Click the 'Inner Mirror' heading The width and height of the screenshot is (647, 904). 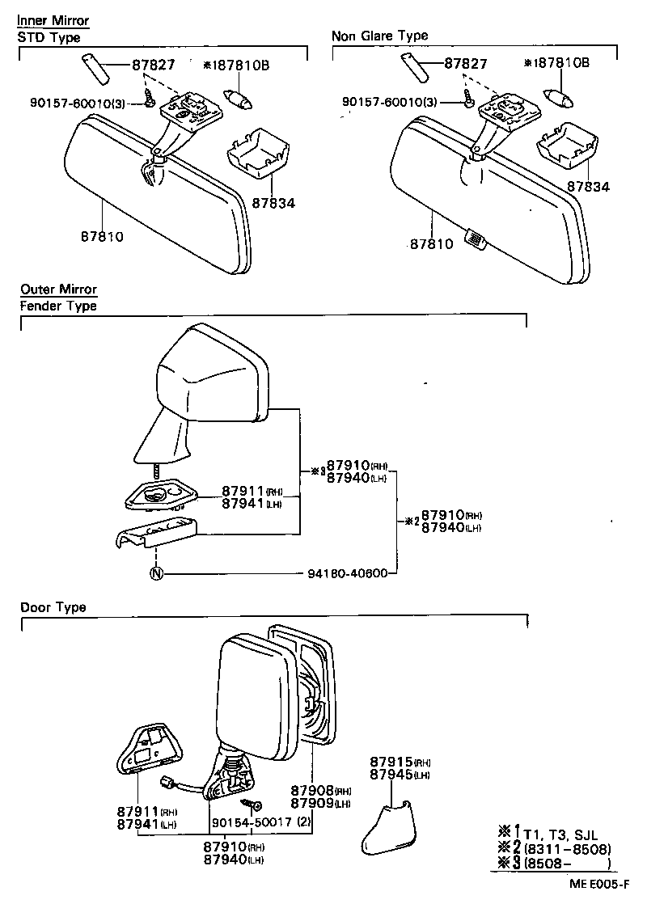click(53, 20)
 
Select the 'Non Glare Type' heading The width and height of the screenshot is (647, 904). click(379, 36)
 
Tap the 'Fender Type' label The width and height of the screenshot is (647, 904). click(58, 306)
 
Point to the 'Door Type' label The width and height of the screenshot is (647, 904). click(53, 607)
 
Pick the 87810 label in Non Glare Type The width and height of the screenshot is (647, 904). click(431, 243)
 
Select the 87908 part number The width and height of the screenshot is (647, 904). click(311, 790)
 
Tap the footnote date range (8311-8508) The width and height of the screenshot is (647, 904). click(566, 849)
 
